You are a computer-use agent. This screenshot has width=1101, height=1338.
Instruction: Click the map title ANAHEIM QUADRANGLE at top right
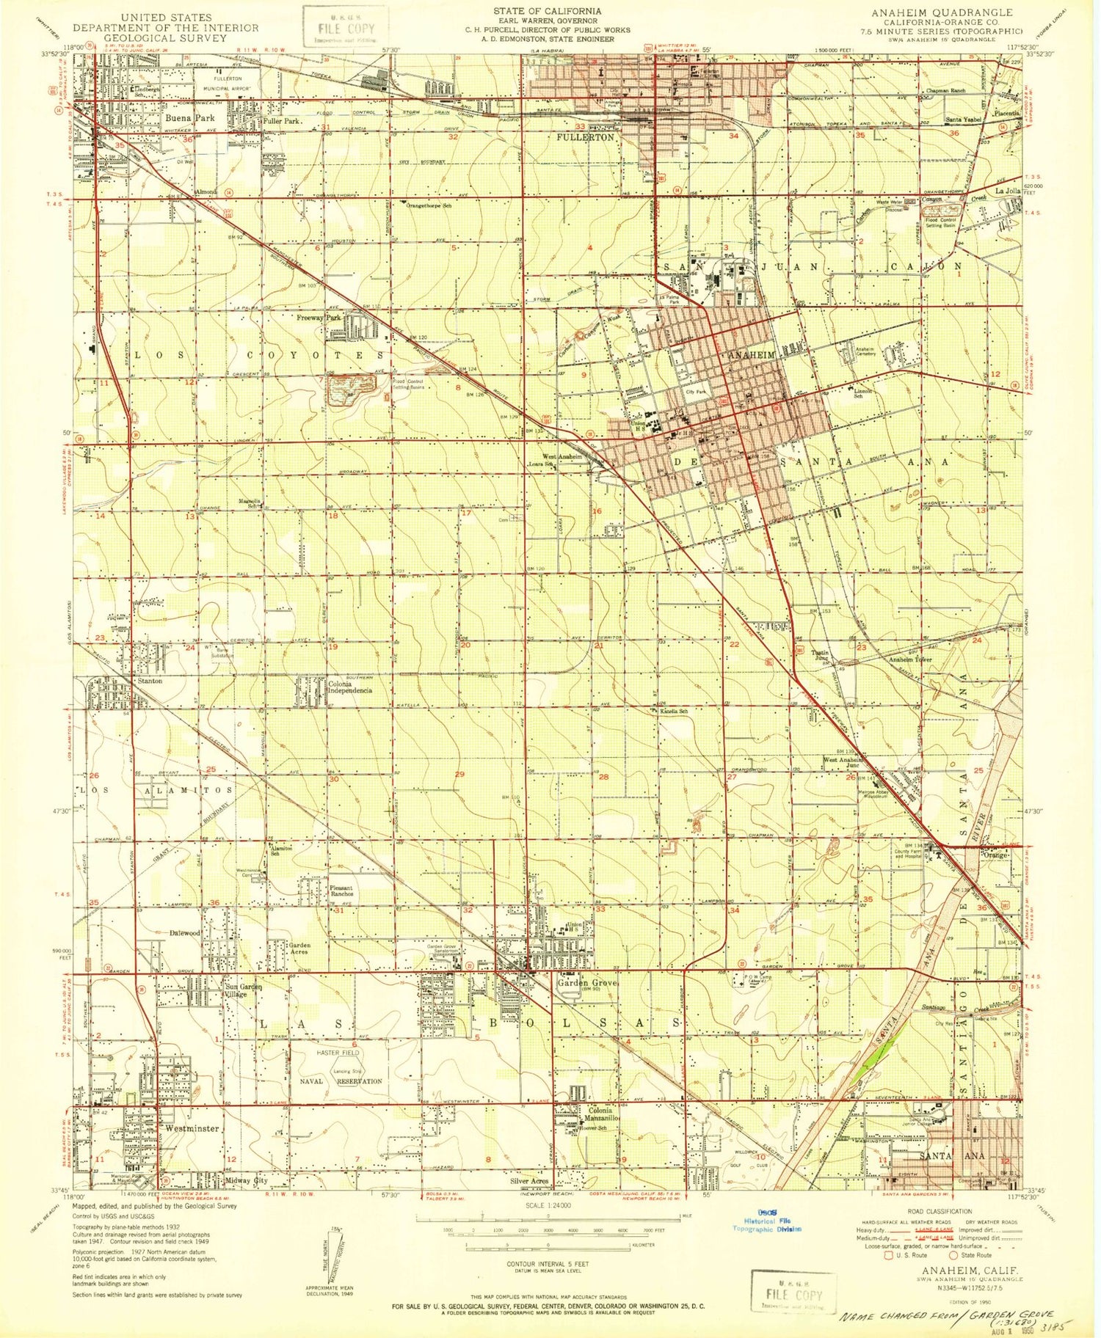(x=941, y=12)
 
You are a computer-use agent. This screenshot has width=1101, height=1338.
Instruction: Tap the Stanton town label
(x=150, y=681)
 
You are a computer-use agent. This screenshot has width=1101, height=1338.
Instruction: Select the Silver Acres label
(x=529, y=1181)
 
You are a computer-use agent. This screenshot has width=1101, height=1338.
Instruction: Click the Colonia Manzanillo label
(x=605, y=1114)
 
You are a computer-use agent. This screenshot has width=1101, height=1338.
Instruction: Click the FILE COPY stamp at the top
(x=344, y=27)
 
